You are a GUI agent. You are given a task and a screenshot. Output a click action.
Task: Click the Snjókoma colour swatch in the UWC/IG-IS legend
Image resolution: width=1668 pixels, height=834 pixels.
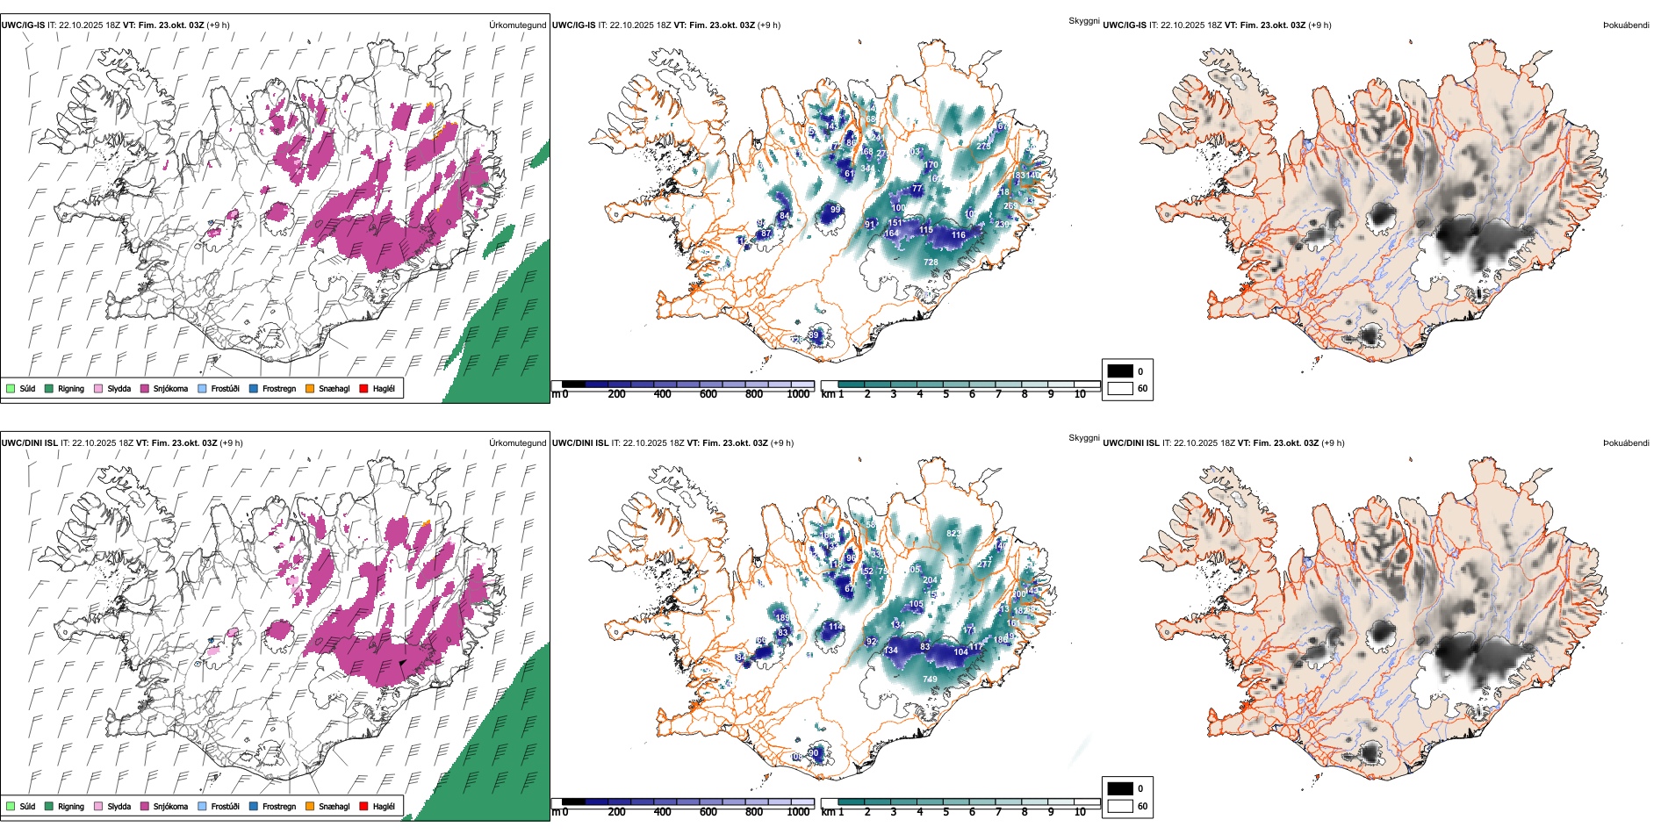click(145, 388)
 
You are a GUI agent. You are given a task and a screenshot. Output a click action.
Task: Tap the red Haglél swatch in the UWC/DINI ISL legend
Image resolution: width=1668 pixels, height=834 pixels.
click(363, 806)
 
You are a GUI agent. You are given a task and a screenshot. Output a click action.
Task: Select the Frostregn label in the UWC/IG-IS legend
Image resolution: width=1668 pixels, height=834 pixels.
click(278, 388)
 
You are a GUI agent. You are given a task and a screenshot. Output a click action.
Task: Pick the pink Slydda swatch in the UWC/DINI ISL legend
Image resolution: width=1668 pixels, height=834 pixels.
click(98, 806)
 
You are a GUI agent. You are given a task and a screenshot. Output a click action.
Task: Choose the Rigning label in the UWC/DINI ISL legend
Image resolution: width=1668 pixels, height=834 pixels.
click(71, 806)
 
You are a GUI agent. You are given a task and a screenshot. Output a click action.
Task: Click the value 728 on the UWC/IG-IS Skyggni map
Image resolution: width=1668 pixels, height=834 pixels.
click(931, 262)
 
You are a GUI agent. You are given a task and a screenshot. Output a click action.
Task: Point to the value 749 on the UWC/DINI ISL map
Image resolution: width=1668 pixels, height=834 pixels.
click(930, 679)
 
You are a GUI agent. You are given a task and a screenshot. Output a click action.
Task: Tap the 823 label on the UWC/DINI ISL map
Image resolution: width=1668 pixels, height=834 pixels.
click(953, 533)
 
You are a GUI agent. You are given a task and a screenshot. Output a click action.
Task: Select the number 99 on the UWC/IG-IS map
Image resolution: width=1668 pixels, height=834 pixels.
click(836, 210)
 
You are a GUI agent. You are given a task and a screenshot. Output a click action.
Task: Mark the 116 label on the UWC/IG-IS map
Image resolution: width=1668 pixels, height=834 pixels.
click(959, 235)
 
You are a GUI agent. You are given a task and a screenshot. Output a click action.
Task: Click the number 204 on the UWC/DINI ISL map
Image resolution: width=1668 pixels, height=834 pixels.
click(930, 580)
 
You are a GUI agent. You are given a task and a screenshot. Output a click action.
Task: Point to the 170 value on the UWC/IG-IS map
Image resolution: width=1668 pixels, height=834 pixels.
click(931, 164)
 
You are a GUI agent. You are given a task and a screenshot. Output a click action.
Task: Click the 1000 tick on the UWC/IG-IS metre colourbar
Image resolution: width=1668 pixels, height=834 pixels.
click(798, 394)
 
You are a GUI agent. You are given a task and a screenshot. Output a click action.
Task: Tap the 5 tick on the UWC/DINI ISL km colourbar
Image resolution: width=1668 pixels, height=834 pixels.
click(945, 812)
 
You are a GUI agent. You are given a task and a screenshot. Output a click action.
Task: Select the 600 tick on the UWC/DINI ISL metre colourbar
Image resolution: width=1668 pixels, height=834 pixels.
click(708, 812)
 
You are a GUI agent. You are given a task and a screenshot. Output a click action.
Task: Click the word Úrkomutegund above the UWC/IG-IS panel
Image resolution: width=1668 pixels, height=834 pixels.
click(517, 25)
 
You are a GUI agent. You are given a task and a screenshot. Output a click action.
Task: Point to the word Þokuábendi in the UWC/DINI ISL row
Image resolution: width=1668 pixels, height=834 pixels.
click(1626, 443)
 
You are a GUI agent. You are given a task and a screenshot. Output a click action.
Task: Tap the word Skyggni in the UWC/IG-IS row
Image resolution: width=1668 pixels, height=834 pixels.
click(1083, 21)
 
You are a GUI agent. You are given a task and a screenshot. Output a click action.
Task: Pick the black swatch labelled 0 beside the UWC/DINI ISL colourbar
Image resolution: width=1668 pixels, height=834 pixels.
click(1120, 788)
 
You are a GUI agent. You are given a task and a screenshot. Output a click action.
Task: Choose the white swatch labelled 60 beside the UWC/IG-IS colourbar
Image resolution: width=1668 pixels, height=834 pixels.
click(1120, 388)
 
